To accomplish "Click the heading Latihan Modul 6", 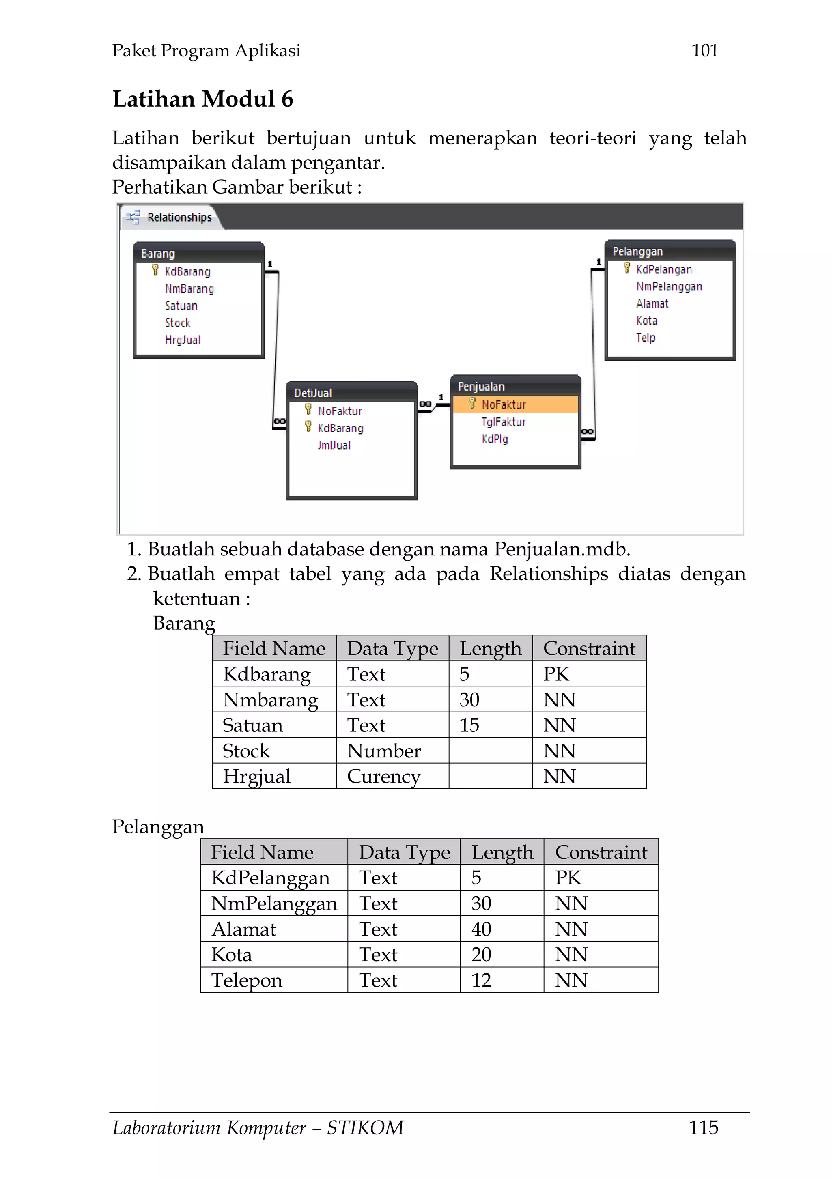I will [203, 99].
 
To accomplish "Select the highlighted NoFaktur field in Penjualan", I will [503, 404].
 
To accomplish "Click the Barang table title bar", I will [198, 253].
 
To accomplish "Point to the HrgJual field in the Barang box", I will [182, 340].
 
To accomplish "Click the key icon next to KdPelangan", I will [626, 269].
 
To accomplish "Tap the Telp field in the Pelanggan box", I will [646, 338].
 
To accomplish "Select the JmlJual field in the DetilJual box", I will [334, 445].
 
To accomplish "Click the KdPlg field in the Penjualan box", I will [495, 439].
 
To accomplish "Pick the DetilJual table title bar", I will [351, 393].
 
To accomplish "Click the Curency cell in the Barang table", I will [384, 777].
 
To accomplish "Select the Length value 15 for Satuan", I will [469, 725].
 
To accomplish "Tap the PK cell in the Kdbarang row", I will [556, 674].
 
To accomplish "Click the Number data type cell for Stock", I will [384, 751].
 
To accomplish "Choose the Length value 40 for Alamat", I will [481, 929].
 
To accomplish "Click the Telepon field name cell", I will [247, 980].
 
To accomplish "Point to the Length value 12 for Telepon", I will [481, 980].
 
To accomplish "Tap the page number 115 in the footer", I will [703, 1127].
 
